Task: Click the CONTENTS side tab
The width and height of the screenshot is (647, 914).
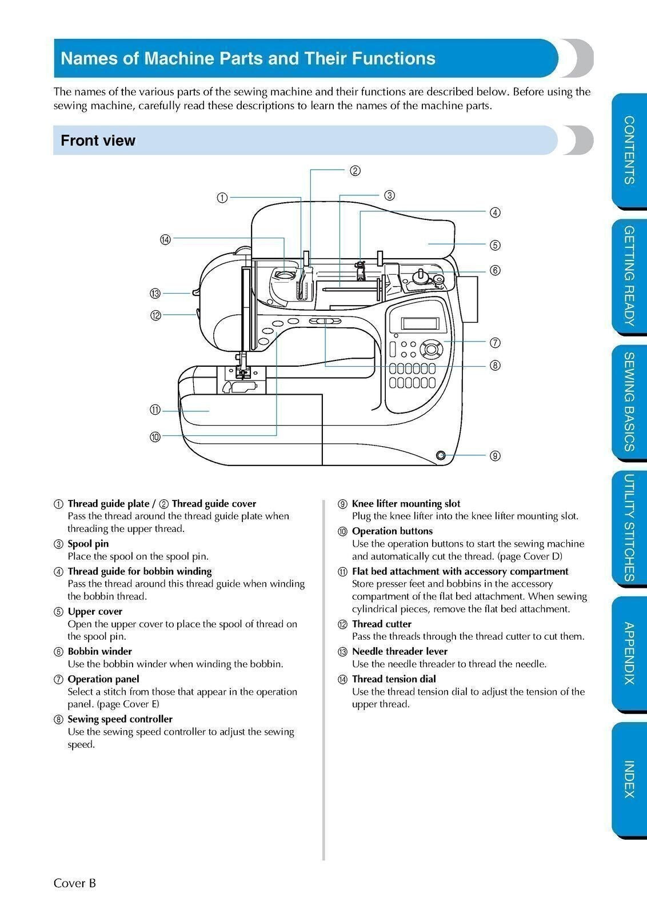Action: [629, 150]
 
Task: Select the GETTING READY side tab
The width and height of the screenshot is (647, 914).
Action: [629, 276]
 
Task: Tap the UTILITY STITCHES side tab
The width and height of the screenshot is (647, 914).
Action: [629, 527]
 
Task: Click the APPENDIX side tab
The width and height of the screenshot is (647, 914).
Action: [629, 653]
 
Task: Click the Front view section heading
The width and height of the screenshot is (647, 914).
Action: [98, 141]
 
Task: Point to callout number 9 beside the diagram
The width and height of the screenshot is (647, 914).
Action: [495, 455]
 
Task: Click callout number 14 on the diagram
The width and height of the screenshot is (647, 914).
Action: [165, 239]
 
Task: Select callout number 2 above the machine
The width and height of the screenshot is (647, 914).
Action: [355, 170]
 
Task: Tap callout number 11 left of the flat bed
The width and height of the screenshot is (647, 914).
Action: [155, 410]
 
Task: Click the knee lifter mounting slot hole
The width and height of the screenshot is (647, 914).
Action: [441, 455]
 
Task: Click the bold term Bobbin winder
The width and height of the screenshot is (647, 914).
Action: [99, 651]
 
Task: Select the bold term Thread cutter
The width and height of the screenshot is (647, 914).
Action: [381, 624]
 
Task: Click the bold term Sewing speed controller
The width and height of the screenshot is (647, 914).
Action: [120, 719]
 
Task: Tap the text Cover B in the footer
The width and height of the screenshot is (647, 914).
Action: [75, 883]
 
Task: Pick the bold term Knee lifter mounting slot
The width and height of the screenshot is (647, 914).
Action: [406, 503]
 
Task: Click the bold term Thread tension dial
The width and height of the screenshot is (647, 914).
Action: [394, 679]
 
